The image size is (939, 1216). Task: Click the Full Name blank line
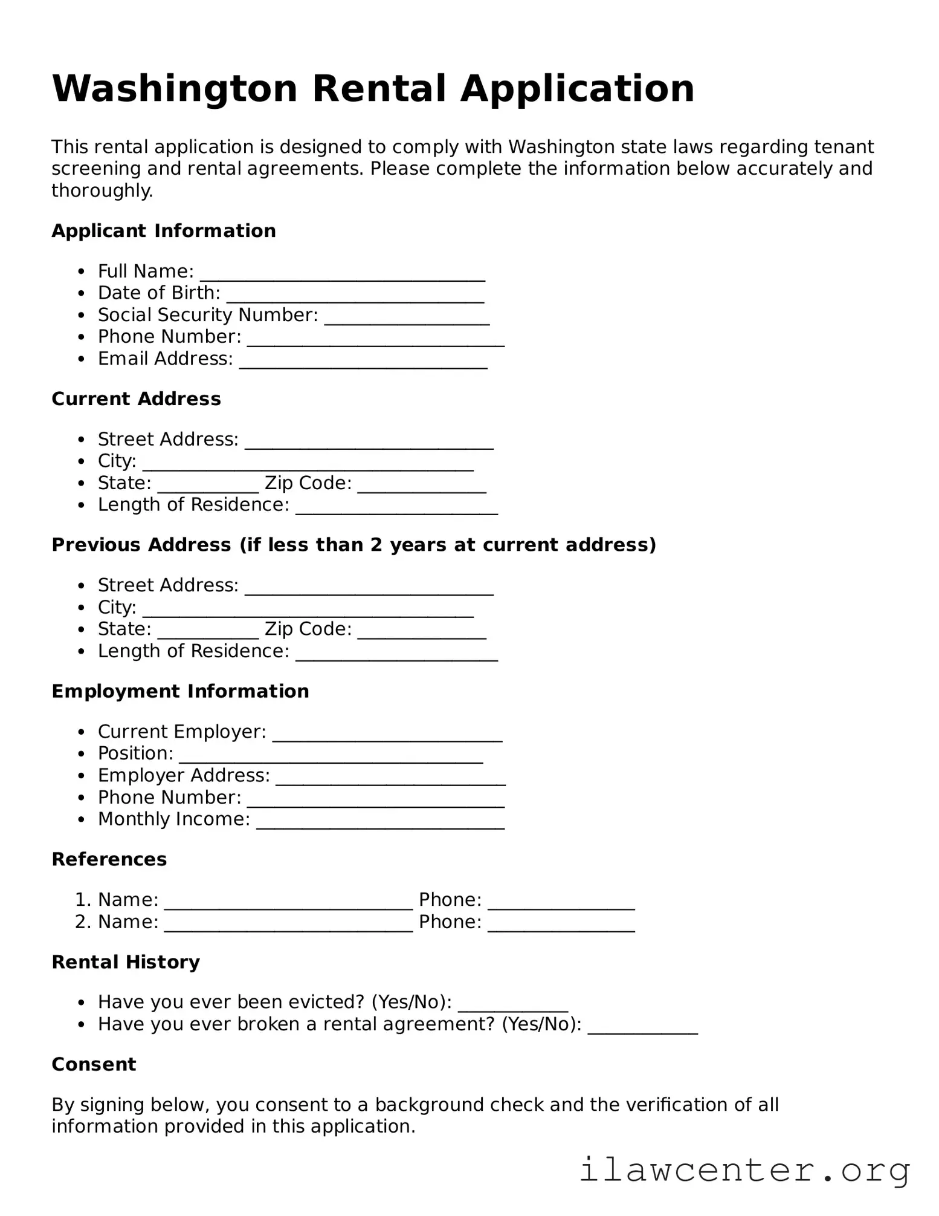click(342, 273)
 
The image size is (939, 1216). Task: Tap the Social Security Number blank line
click(406, 317)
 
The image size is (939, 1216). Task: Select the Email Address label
click(165, 359)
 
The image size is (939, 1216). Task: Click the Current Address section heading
click(136, 399)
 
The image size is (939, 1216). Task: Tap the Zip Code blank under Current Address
click(421, 486)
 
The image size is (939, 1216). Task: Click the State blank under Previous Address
click(208, 632)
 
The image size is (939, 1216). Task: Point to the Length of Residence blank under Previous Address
click(396, 654)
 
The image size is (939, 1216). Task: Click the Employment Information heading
click(180, 691)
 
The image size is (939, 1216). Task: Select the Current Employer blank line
click(387, 734)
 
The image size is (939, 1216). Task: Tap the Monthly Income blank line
click(380, 822)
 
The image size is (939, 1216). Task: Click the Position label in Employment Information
click(135, 753)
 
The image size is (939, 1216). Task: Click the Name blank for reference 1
click(288, 902)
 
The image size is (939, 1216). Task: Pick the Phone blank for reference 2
click(561, 925)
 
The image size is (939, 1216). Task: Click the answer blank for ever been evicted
click(512, 1004)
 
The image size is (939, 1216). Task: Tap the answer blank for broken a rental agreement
click(642, 1027)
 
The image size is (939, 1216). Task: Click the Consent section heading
click(94, 1064)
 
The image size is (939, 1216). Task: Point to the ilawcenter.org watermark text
click(744, 1169)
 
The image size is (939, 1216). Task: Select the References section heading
click(109, 859)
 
